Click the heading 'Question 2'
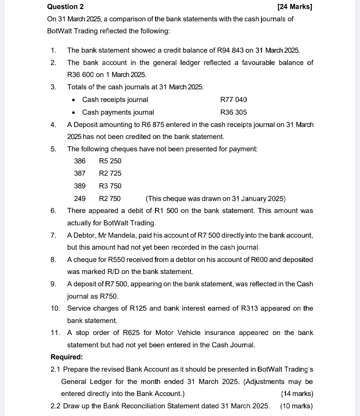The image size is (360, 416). click(65, 7)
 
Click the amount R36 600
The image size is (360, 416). click(80, 75)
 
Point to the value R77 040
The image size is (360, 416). click(234, 100)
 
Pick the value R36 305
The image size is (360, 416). click(234, 112)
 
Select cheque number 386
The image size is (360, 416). click(80, 161)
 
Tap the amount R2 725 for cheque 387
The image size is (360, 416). click(110, 173)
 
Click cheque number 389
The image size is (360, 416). click(80, 186)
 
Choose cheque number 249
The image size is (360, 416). click(80, 199)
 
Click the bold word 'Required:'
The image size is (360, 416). click(67, 357)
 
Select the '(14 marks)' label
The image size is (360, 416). click(297, 394)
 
